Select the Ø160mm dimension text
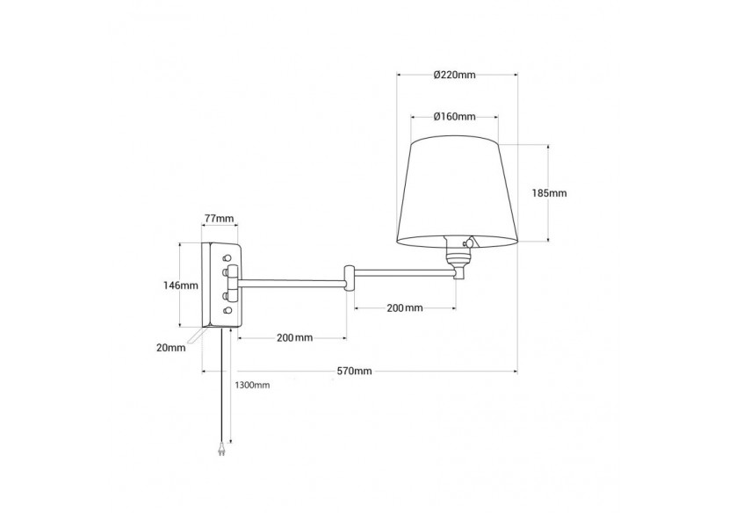click(454, 116)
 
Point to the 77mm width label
click(219, 219)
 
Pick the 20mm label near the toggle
click(173, 348)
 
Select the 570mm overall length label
click(355, 371)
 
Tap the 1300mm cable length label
click(253, 385)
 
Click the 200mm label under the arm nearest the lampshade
click(405, 308)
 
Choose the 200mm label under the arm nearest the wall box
click(294, 338)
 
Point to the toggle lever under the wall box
click(193, 336)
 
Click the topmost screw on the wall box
click(228, 258)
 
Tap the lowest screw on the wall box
click(228, 311)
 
